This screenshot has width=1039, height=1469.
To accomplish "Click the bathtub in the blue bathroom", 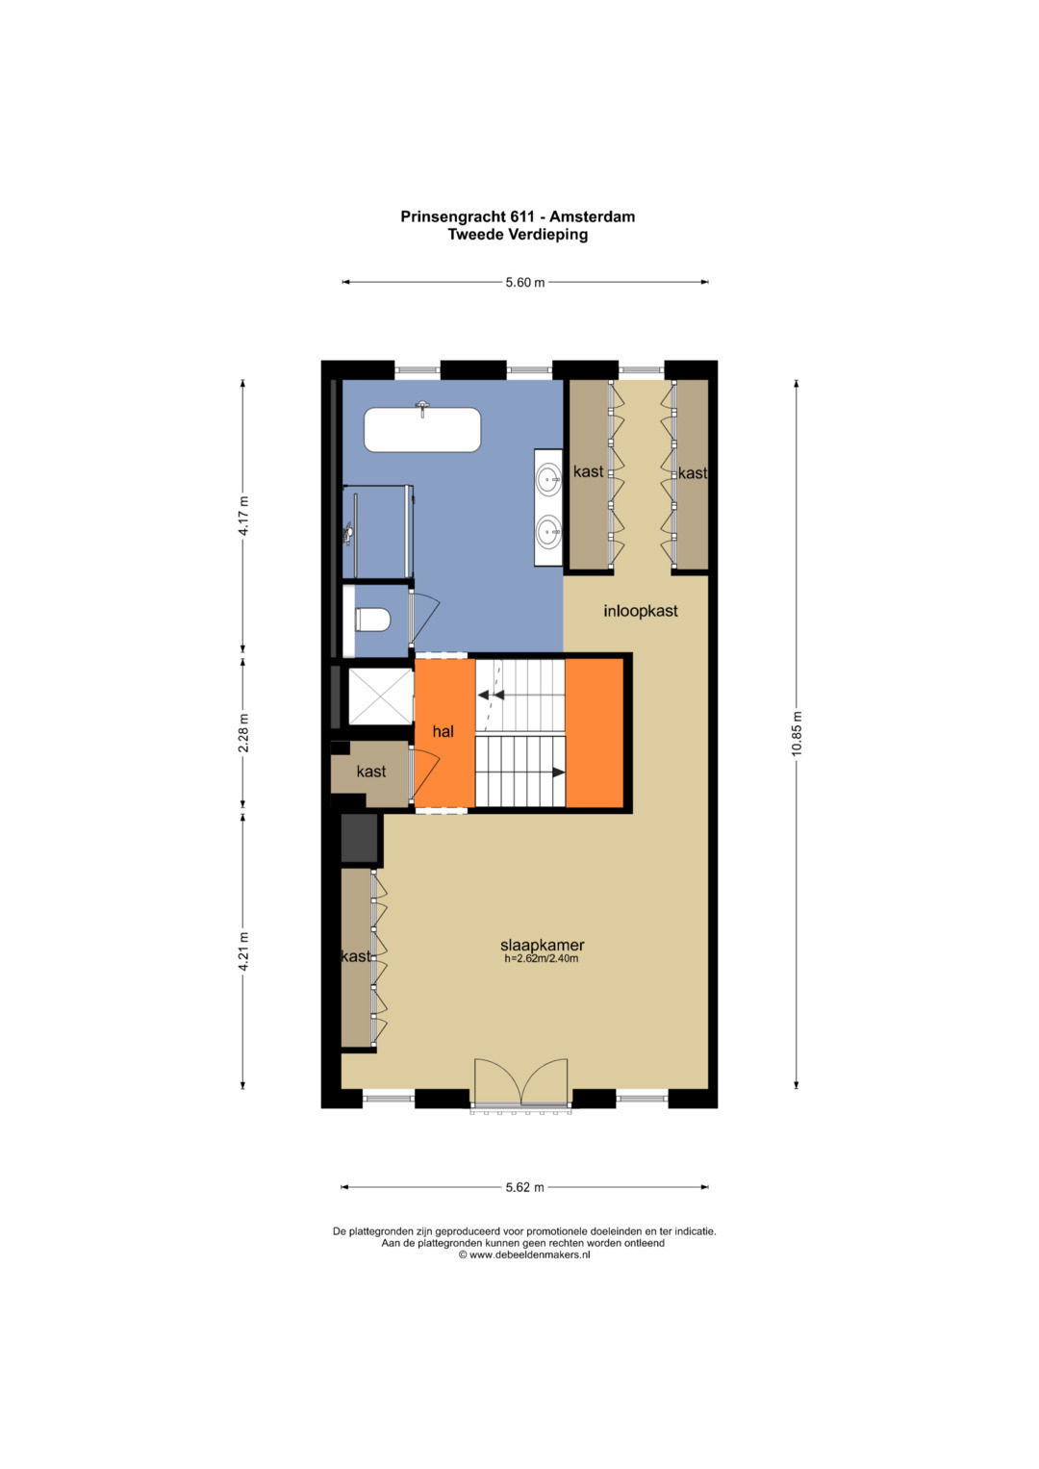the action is pyautogui.click(x=422, y=429).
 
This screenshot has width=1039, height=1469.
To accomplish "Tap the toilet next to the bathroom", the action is pyautogui.click(x=372, y=620).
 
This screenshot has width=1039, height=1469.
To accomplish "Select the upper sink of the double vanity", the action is pyautogui.click(x=548, y=479).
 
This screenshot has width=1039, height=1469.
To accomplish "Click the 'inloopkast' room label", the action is pyautogui.click(x=640, y=611).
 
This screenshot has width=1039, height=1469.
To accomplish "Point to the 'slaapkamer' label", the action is pyautogui.click(x=542, y=945).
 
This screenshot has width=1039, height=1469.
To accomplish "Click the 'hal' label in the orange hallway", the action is pyautogui.click(x=443, y=731).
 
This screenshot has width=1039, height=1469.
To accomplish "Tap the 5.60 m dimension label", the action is pyautogui.click(x=524, y=283).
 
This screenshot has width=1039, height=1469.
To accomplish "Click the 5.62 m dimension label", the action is pyautogui.click(x=524, y=1187).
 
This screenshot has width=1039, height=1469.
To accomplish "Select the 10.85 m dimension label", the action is pyautogui.click(x=797, y=733).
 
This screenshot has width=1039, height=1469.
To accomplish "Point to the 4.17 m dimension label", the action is pyautogui.click(x=243, y=516).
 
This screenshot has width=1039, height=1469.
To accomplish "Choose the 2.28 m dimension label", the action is pyautogui.click(x=243, y=733).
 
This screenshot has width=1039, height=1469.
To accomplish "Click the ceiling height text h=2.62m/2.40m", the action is pyautogui.click(x=541, y=959).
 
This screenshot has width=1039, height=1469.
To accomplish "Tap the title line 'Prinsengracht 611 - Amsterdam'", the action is pyautogui.click(x=518, y=216).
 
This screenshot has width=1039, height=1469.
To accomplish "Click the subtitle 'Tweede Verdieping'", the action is pyautogui.click(x=518, y=234).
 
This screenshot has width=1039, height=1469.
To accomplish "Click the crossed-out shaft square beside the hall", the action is pyautogui.click(x=380, y=697).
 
